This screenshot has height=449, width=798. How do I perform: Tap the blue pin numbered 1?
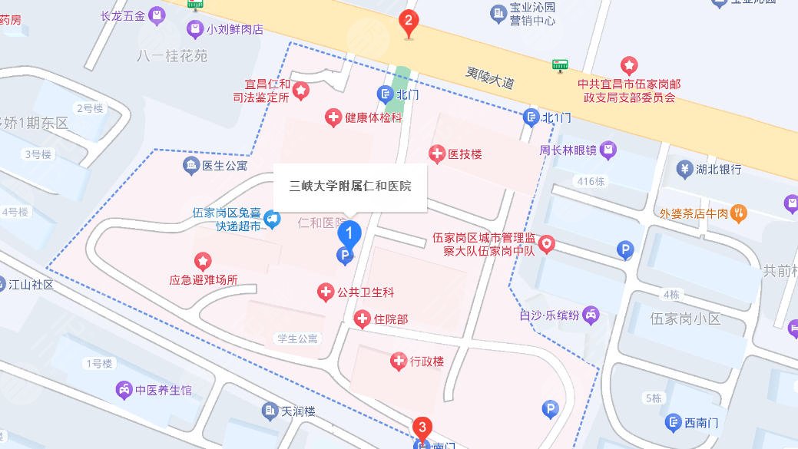pos(349,233)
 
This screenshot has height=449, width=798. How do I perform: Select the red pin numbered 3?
pos(421,428)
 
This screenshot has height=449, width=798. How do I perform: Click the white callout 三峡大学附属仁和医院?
pos(350,186)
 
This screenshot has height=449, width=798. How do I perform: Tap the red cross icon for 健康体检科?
pos(333,117)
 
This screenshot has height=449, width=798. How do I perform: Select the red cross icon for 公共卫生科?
pos(326,292)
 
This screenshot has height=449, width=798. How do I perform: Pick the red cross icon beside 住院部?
pos(362,319)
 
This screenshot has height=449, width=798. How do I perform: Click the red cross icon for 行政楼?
pos(398,361)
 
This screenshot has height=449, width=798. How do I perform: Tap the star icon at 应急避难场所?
pos(203,262)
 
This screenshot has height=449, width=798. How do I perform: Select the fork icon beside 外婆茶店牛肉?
pos(738,213)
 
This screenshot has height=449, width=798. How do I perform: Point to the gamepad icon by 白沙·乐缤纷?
pos(590,314)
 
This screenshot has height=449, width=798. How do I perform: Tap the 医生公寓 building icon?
pos(190,164)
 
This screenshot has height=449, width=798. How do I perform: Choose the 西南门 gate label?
pos(700,421)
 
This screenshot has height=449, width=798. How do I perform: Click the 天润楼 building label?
pos(298,411)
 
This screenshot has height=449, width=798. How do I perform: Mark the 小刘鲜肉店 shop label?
pos(235,30)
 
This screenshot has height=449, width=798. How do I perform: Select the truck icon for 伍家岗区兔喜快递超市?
pos(271,221)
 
